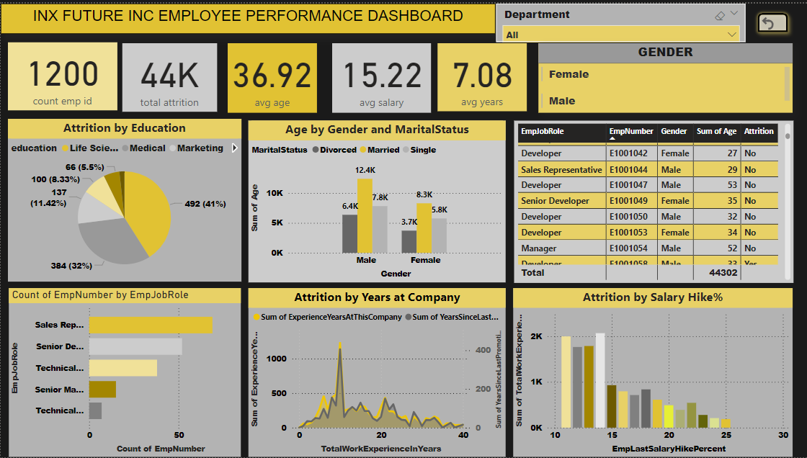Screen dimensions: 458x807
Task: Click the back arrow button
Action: tap(772, 24)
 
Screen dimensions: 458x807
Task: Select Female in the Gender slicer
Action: tap(569, 74)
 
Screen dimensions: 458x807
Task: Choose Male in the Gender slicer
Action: tap(562, 101)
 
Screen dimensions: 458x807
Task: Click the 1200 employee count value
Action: tap(63, 74)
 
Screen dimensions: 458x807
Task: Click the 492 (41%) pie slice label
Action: tap(205, 204)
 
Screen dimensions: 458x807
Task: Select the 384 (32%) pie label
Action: tap(71, 266)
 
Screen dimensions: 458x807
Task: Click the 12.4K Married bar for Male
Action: tap(366, 215)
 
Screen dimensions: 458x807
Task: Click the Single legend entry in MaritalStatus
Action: tap(423, 150)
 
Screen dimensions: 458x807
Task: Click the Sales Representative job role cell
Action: tap(561, 170)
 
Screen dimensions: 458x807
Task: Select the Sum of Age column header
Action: tap(716, 132)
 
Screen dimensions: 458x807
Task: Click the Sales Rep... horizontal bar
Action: tap(151, 325)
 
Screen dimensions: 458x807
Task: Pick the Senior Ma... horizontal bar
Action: tap(102, 390)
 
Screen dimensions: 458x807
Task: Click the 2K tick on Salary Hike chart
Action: tap(537, 336)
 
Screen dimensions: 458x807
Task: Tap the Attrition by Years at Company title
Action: tap(377, 297)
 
